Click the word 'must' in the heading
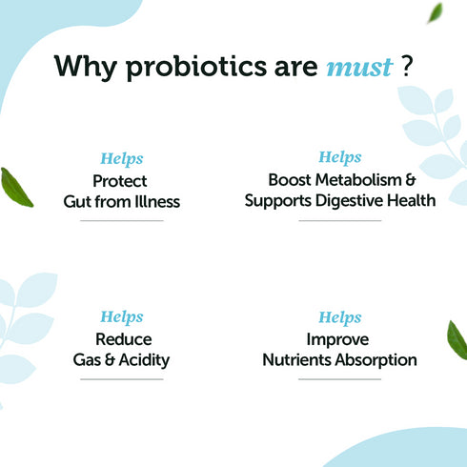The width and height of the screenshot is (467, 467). (x=358, y=67)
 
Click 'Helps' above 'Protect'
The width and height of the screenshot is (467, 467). (x=121, y=159)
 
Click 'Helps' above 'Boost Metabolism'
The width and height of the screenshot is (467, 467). (x=339, y=157)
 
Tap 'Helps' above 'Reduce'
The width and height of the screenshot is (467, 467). (x=121, y=317)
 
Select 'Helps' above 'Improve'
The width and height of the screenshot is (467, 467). (x=339, y=317)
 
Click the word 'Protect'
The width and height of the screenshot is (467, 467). (x=121, y=180)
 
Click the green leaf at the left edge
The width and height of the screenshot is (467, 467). (x=16, y=188)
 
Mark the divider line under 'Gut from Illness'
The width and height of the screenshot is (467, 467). (x=121, y=221)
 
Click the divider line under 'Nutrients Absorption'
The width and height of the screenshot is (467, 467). (x=339, y=379)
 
